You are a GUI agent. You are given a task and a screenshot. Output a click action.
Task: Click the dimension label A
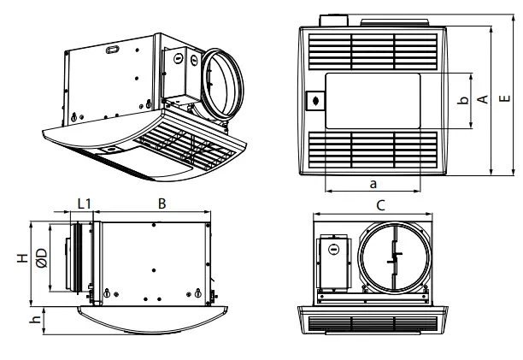tap(483, 100)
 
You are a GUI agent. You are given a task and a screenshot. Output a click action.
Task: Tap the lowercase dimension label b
tap(462, 101)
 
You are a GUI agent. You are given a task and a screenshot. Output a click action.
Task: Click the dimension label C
tap(381, 205)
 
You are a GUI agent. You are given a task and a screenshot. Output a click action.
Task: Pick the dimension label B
tap(162, 204)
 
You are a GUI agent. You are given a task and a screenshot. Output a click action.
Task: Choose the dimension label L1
tap(84, 204)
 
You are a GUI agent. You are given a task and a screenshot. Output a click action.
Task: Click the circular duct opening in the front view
tap(393, 259)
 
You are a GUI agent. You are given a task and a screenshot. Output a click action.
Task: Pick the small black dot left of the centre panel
tap(316, 101)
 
